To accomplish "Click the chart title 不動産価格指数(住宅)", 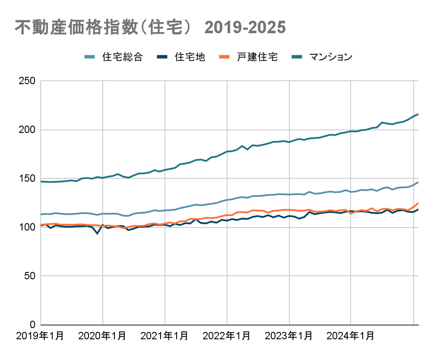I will coord(150,27).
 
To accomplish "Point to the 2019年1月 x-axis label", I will coord(40,336).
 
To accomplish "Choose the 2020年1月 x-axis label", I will coord(102,336).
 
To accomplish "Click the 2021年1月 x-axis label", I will coord(165,336).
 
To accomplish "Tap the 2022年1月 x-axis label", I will coord(227,336).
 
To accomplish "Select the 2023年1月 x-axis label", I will coord(289,336).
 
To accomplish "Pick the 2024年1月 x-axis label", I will coord(351,336).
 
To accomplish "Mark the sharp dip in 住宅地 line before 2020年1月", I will coord(98,234).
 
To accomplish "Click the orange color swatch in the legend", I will coord(224,57).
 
